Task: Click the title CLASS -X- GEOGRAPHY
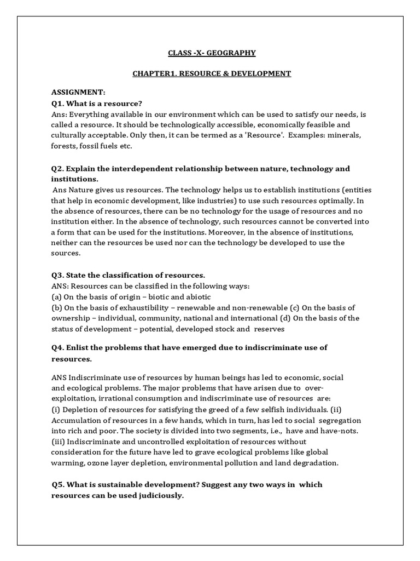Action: point(211,53)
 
